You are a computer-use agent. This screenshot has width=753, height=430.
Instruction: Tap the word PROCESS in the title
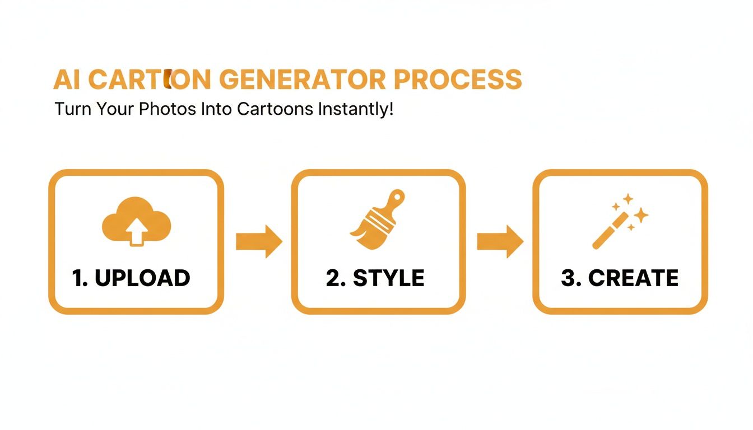[458, 80]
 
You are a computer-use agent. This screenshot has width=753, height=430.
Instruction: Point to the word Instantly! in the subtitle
[355, 109]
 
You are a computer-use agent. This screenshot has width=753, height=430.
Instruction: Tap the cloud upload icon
[136, 221]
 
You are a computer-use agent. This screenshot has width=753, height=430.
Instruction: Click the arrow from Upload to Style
[258, 241]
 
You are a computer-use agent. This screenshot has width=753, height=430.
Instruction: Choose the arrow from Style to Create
[500, 241]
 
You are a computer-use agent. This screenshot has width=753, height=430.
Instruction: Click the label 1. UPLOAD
[131, 278]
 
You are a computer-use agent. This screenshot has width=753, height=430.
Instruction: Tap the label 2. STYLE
[375, 278]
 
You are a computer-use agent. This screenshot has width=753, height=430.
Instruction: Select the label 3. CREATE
[620, 278]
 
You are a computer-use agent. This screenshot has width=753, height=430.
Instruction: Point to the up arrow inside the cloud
[136, 231]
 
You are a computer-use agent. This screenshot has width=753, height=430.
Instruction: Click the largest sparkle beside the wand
[641, 214]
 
